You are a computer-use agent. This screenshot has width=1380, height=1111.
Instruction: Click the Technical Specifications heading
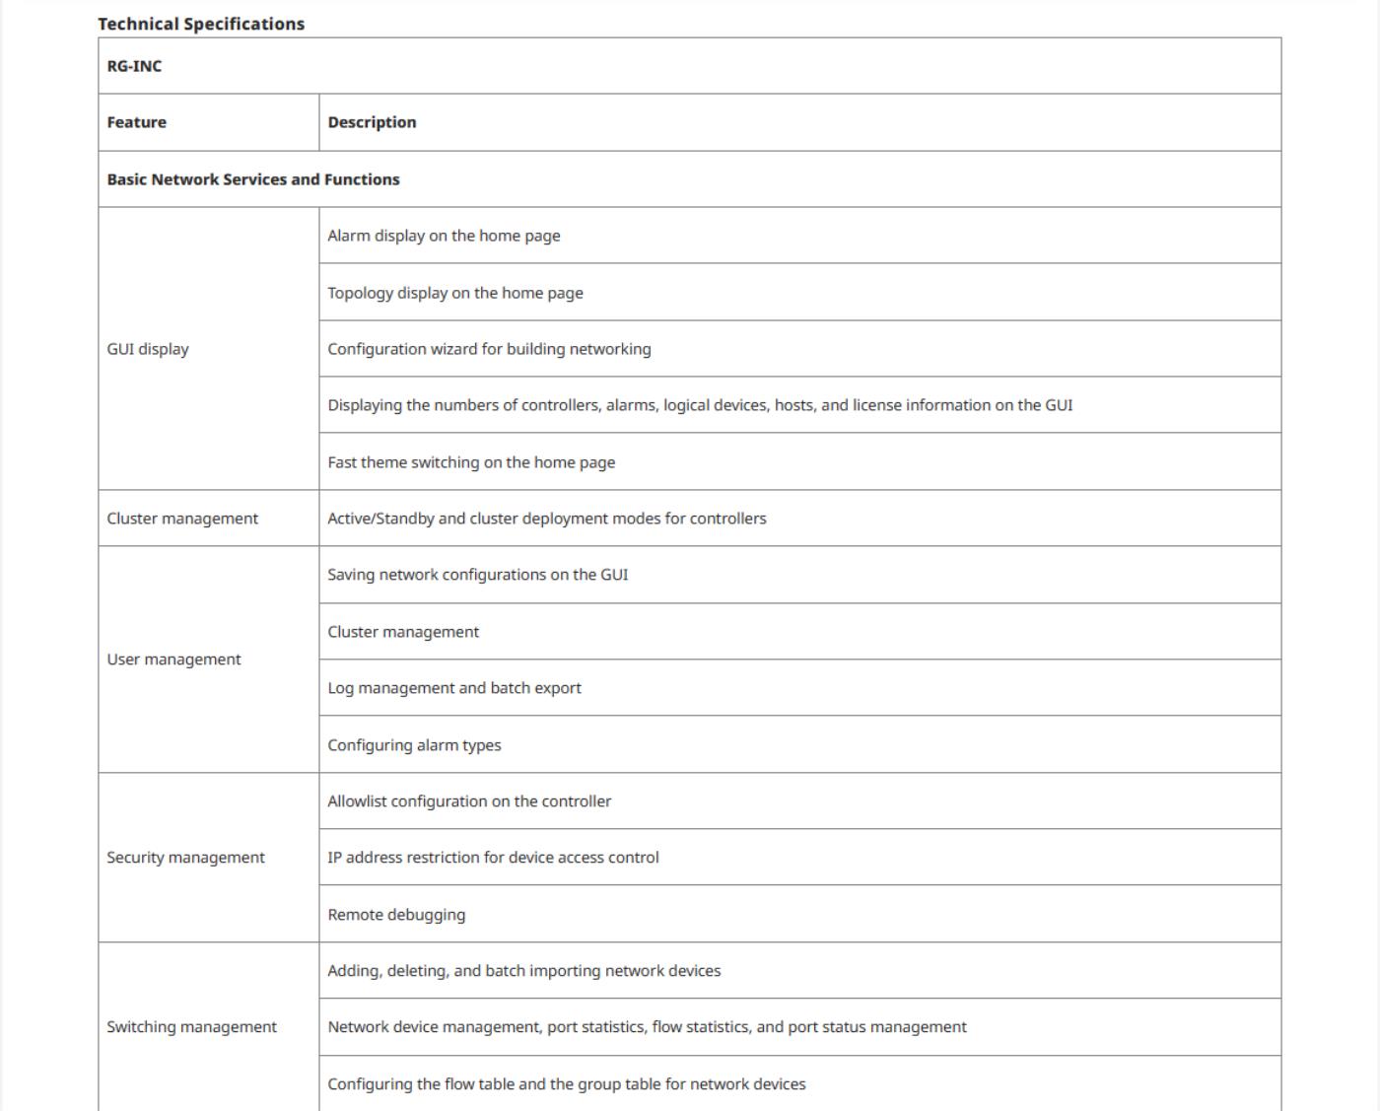point(201,24)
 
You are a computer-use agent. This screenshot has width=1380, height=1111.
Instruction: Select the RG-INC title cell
point(135,66)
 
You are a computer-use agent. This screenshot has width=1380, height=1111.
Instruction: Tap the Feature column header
point(137,122)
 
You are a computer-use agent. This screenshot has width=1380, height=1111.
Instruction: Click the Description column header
point(373,122)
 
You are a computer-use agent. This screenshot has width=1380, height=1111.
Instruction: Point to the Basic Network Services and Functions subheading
point(253,179)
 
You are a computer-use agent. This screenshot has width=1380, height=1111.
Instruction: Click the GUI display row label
point(148,349)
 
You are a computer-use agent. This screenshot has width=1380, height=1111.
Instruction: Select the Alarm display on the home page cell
point(444,236)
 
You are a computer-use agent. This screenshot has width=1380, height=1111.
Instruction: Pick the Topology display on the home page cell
point(455,293)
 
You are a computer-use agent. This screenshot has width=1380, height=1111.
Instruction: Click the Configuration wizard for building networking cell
point(489,349)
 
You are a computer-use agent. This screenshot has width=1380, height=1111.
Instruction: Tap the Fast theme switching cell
point(471,462)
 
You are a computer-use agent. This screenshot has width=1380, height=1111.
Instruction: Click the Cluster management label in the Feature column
point(182,519)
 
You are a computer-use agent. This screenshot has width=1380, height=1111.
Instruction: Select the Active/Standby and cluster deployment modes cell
point(547,519)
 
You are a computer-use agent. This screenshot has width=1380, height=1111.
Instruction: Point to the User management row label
point(173,660)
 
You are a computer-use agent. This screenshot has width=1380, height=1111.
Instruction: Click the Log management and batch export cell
point(454,688)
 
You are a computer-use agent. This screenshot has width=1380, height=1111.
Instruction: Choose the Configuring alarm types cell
point(414,745)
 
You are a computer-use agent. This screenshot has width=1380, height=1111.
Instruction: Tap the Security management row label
point(185,858)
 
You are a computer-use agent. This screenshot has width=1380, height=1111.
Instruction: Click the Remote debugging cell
point(396,915)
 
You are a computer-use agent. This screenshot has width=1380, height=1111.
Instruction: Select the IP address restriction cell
point(493,858)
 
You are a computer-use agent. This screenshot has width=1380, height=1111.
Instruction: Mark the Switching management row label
point(191,1027)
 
